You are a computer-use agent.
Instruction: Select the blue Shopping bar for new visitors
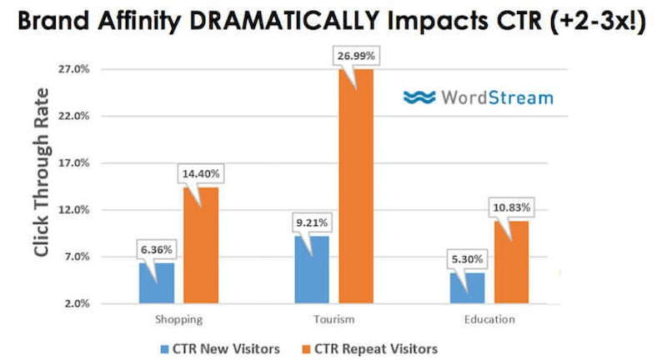(x=157, y=283)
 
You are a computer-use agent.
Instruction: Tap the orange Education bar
(x=512, y=262)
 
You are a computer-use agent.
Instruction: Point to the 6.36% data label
(x=157, y=248)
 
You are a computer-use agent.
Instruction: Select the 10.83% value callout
(x=511, y=206)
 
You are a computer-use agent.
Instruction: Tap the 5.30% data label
(x=468, y=258)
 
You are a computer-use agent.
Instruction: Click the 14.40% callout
(x=200, y=174)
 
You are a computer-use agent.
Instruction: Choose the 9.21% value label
(x=312, y=222)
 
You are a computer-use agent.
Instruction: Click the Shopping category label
(x=178, y=319)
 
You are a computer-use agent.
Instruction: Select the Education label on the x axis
(x=489, y=319)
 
